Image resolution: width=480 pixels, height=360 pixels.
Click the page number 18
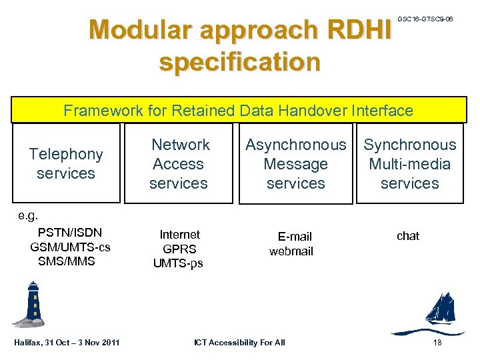click(x=437, y=343)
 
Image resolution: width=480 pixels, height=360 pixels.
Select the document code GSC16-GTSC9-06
click(x=425, y=19)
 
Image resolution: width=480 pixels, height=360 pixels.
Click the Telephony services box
click(x=66, y=163)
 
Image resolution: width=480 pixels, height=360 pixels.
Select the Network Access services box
click(x=179, y=163)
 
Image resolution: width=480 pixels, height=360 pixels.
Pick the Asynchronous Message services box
click(x=296, y=163)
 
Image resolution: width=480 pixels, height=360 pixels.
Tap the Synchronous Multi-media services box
click(x=409, y=163)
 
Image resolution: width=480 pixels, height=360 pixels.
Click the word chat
click(x=408, y=236)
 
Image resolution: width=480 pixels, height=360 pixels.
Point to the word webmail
click(x=291, y=251)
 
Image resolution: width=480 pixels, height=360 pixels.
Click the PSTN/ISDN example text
click(x=70, y=233)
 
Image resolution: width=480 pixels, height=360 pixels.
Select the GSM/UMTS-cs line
click(x=70, y=247)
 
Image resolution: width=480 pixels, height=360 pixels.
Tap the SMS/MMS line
click(x=67, y=261)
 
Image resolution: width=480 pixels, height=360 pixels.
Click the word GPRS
click(x=179, y=249)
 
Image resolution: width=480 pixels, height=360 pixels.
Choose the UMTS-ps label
click(x=178, y=263)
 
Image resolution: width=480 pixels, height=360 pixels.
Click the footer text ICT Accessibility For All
click(x=239, y=343)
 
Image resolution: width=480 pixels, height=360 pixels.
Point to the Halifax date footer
click(x=67, y=343)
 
